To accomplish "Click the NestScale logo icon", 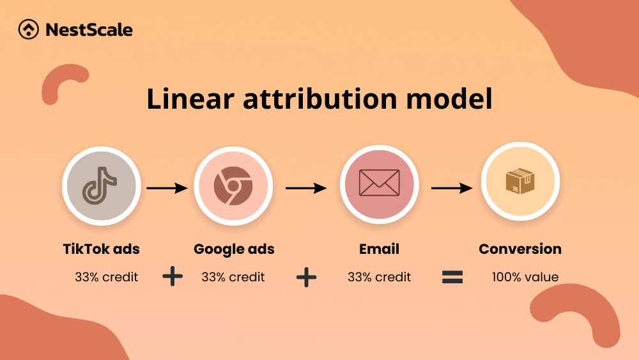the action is pyautogui.click(x=29, y=29).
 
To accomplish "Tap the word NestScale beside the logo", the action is pyautogui.click(x=89, y=30).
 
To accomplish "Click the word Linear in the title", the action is pyautogui.click(x=190, y=98).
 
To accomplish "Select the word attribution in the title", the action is pyautogui.click(x=320, y=98).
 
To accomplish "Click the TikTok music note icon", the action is pyautogui.click(x=100, y=186).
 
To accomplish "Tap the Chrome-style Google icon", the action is pyautogui.click(x=233, y=185).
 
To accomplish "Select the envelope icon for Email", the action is pyautogui.click(x=379, y=183).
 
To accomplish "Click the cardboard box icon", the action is pyautogui.click(x=520, y=181).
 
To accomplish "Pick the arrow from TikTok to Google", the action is pyautogui.click(x=167, y=188).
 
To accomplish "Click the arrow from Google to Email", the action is pyautogui.click(x=306, y=188).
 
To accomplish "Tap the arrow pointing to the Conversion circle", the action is pyautogui.click(x=452, y=188).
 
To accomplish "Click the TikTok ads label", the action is pyautogui.click(x=101, y=249).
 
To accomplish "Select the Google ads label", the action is pyautogui.click(x=234, y=249).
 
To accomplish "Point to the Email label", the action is pyautogui.click(x=379, y=249).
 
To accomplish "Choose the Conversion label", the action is pyautogui.click(x=520, y=249).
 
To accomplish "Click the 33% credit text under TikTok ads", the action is pyautogui.click(x=106, y=278).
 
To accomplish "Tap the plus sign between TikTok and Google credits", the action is pyautogui.click(x=173, y=276).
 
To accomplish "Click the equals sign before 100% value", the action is pyautogui.click(x=452, y=278).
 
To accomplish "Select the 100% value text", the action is pyautogui.click(x=525, y=278).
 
